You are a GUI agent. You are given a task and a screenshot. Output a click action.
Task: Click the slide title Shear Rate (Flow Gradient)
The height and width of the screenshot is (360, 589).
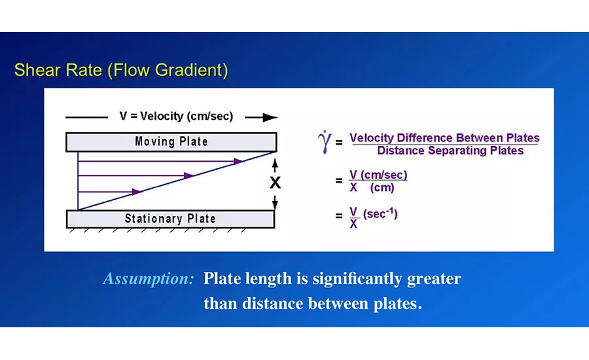click(121, 70)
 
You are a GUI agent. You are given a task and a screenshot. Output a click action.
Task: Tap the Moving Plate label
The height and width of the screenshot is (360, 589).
click(171, 141)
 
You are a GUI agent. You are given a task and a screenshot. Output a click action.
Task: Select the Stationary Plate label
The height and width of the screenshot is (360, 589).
click(170, 219)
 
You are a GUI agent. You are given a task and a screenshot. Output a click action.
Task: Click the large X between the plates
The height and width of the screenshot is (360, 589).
click(276, 183)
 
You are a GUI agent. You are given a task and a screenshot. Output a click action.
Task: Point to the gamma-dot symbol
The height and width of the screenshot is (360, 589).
click(325, 142)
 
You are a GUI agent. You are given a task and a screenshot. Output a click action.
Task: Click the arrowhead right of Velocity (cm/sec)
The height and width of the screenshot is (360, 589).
click(270, 118)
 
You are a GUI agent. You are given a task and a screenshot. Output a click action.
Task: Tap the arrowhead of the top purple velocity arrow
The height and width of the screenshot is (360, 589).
click(239, 161)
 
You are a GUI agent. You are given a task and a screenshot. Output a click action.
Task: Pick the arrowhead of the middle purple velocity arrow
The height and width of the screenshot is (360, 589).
click(188, 175)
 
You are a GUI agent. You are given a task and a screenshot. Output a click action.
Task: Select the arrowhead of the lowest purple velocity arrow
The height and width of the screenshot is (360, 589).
click(137, 192)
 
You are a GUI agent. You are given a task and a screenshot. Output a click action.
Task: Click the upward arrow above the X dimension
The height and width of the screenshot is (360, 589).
click(275, 166)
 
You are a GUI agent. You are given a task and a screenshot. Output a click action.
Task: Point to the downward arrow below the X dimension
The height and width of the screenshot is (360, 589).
click(275, 202)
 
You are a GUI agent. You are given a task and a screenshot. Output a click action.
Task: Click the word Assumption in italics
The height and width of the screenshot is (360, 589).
click(149, 279)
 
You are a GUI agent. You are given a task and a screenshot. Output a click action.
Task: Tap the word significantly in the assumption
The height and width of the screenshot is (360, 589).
click(357, 279)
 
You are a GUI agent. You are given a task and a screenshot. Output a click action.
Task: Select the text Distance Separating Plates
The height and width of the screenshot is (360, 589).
click(450, 151)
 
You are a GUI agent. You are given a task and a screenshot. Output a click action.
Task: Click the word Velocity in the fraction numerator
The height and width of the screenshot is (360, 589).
click(372, 138)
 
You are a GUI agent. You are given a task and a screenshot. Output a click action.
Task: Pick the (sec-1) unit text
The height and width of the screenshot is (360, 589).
click(380, 214)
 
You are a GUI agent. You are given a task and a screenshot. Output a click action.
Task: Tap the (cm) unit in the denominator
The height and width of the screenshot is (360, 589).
click(382, 187)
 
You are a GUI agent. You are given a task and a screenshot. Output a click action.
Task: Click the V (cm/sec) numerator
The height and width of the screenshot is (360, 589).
click(378, 175)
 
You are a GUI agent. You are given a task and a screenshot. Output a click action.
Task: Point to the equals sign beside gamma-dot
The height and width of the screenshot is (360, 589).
click(339, 143)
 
